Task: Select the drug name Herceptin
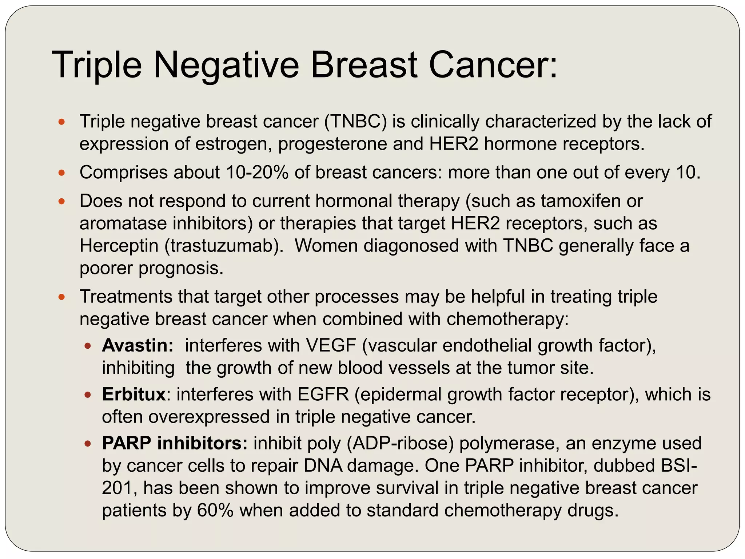(119, 246)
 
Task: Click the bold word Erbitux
(134, 395)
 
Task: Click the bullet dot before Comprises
(61, 173)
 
